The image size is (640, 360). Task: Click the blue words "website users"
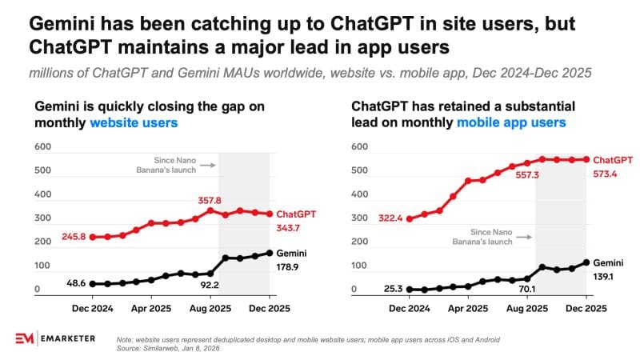click(x=134, y=123)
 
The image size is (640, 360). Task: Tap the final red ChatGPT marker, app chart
click(x=586, y=159)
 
